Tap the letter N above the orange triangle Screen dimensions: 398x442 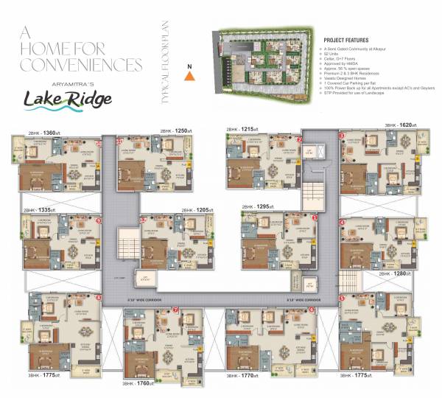point(190,66)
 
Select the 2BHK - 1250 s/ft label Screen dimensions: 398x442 point(176,131)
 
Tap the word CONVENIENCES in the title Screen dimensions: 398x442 point(80,66)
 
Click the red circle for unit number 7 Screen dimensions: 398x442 point(175,310)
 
